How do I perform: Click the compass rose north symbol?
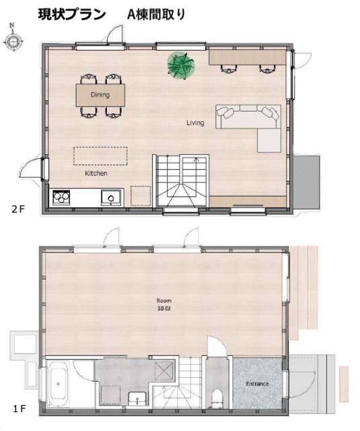click(12, 39)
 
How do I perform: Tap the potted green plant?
click(180, 65)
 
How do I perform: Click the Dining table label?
click(100, 95)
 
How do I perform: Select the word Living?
click(195, 123)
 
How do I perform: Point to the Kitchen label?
click(96, 173)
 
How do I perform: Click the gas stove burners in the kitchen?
click(62, 197)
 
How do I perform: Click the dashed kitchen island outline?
click(100, 156)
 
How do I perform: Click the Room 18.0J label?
click(164, 304)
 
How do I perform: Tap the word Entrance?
click(257, 384)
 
